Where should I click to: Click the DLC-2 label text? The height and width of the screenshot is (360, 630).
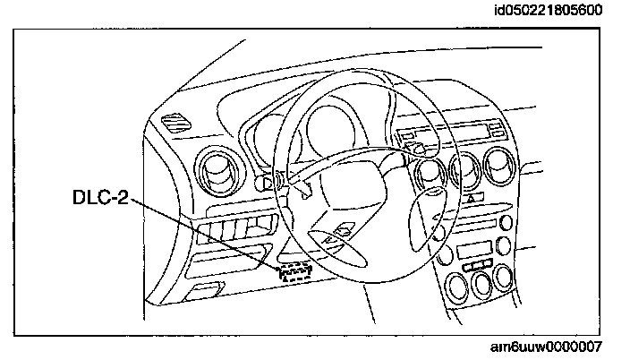click(x=99, y=196)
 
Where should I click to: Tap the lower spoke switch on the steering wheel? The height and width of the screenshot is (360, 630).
click(x=338, y=235)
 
